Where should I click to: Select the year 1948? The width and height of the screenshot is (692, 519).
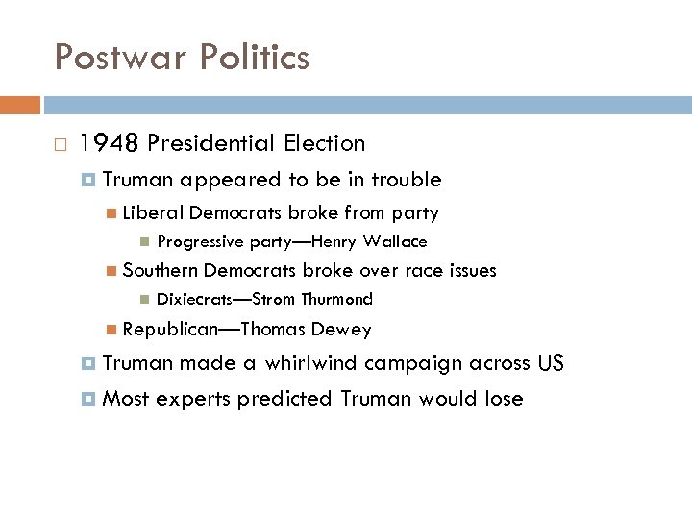tap(111, 144)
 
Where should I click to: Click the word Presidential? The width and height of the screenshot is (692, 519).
tap(212, 144)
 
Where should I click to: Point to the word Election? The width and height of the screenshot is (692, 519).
tap(324, 144)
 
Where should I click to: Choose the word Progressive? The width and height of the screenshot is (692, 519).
tap(200, 242)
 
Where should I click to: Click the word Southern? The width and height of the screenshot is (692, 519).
tap(161, 271)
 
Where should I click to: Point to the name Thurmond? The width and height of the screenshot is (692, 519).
tap(337, 300)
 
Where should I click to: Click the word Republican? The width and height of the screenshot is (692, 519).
tap(168, 330)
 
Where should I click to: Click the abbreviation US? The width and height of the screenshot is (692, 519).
tap(551, 364)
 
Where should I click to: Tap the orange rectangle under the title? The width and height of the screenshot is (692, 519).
tap(20, 105)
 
